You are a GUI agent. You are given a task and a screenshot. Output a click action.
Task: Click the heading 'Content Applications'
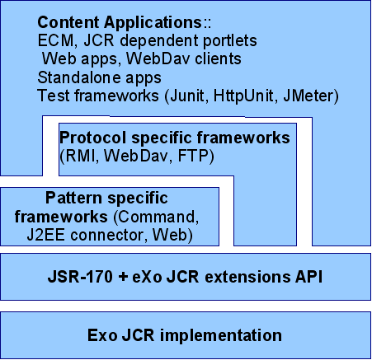tap(120, 23)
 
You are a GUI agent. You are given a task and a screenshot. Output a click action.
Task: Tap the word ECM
tap(56, 40)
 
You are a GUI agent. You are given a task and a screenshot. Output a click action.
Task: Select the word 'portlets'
tap(230, 41)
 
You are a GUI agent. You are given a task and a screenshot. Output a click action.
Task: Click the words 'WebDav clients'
tap(184, 59)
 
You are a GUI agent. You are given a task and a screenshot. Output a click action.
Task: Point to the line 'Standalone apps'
tap(100, 78)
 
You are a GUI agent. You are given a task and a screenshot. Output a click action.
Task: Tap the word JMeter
tap(308, 96)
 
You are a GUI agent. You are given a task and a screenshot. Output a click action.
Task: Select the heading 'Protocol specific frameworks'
tap(175, 138)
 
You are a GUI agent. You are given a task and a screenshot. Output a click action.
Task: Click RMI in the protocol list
tap(80, 156)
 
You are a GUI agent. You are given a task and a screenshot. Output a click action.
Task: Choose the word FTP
tap(193, 156)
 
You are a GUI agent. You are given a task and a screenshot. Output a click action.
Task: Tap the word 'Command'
tap(157, 217)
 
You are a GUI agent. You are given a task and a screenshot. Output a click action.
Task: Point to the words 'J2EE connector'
tap(85, 236)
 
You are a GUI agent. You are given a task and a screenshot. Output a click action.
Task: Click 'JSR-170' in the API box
tap(80, 277)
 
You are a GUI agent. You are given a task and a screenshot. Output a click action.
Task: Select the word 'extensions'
tap(247, 277)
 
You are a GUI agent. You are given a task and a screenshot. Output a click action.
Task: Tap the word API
tap(308, 277)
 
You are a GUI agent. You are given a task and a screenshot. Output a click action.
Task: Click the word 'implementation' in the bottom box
tap(221, 335)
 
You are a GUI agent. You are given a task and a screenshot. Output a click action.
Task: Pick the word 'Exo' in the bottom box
tap(102, 335)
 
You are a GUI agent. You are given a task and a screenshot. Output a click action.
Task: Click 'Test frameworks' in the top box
tap(98, 96)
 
